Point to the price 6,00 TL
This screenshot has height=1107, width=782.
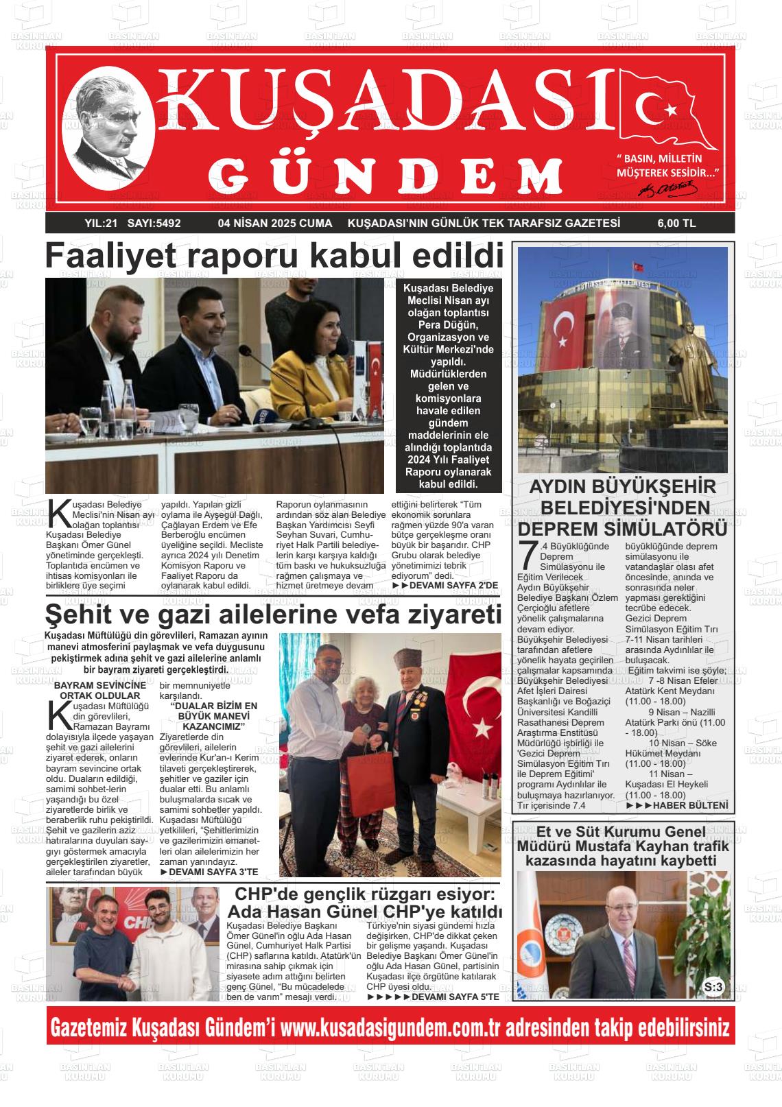[x=676, y=223]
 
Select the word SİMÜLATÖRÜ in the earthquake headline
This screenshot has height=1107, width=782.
[x=659, y=529]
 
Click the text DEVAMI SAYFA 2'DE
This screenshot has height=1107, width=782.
[x=453, y=585]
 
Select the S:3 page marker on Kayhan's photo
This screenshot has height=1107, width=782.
[x=713, y=987]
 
